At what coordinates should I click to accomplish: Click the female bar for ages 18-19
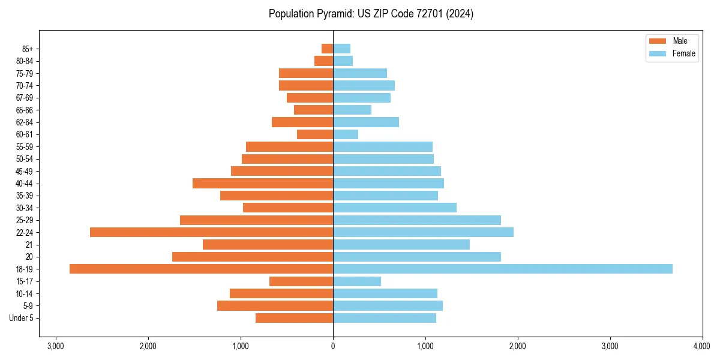pos(503,269)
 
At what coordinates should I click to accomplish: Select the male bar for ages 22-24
pos(211,232)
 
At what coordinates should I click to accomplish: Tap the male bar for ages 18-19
pos(201,269)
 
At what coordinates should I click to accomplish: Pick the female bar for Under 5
pos(385,318)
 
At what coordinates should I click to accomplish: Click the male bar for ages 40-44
pos(263,183)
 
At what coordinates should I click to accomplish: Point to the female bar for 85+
pos(342,49)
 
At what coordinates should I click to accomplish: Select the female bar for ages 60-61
pos(346,134)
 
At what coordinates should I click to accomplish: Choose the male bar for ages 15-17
pos(301,281)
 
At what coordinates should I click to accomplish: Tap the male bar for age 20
pos(253,257)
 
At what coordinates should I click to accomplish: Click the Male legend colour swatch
pos(658,41)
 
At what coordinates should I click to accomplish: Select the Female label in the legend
pos(684,53)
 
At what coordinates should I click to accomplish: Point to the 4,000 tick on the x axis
pos(702,346)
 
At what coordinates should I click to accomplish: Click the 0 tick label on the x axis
pos(333,346)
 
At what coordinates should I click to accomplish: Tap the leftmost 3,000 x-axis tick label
pos(56,346)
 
